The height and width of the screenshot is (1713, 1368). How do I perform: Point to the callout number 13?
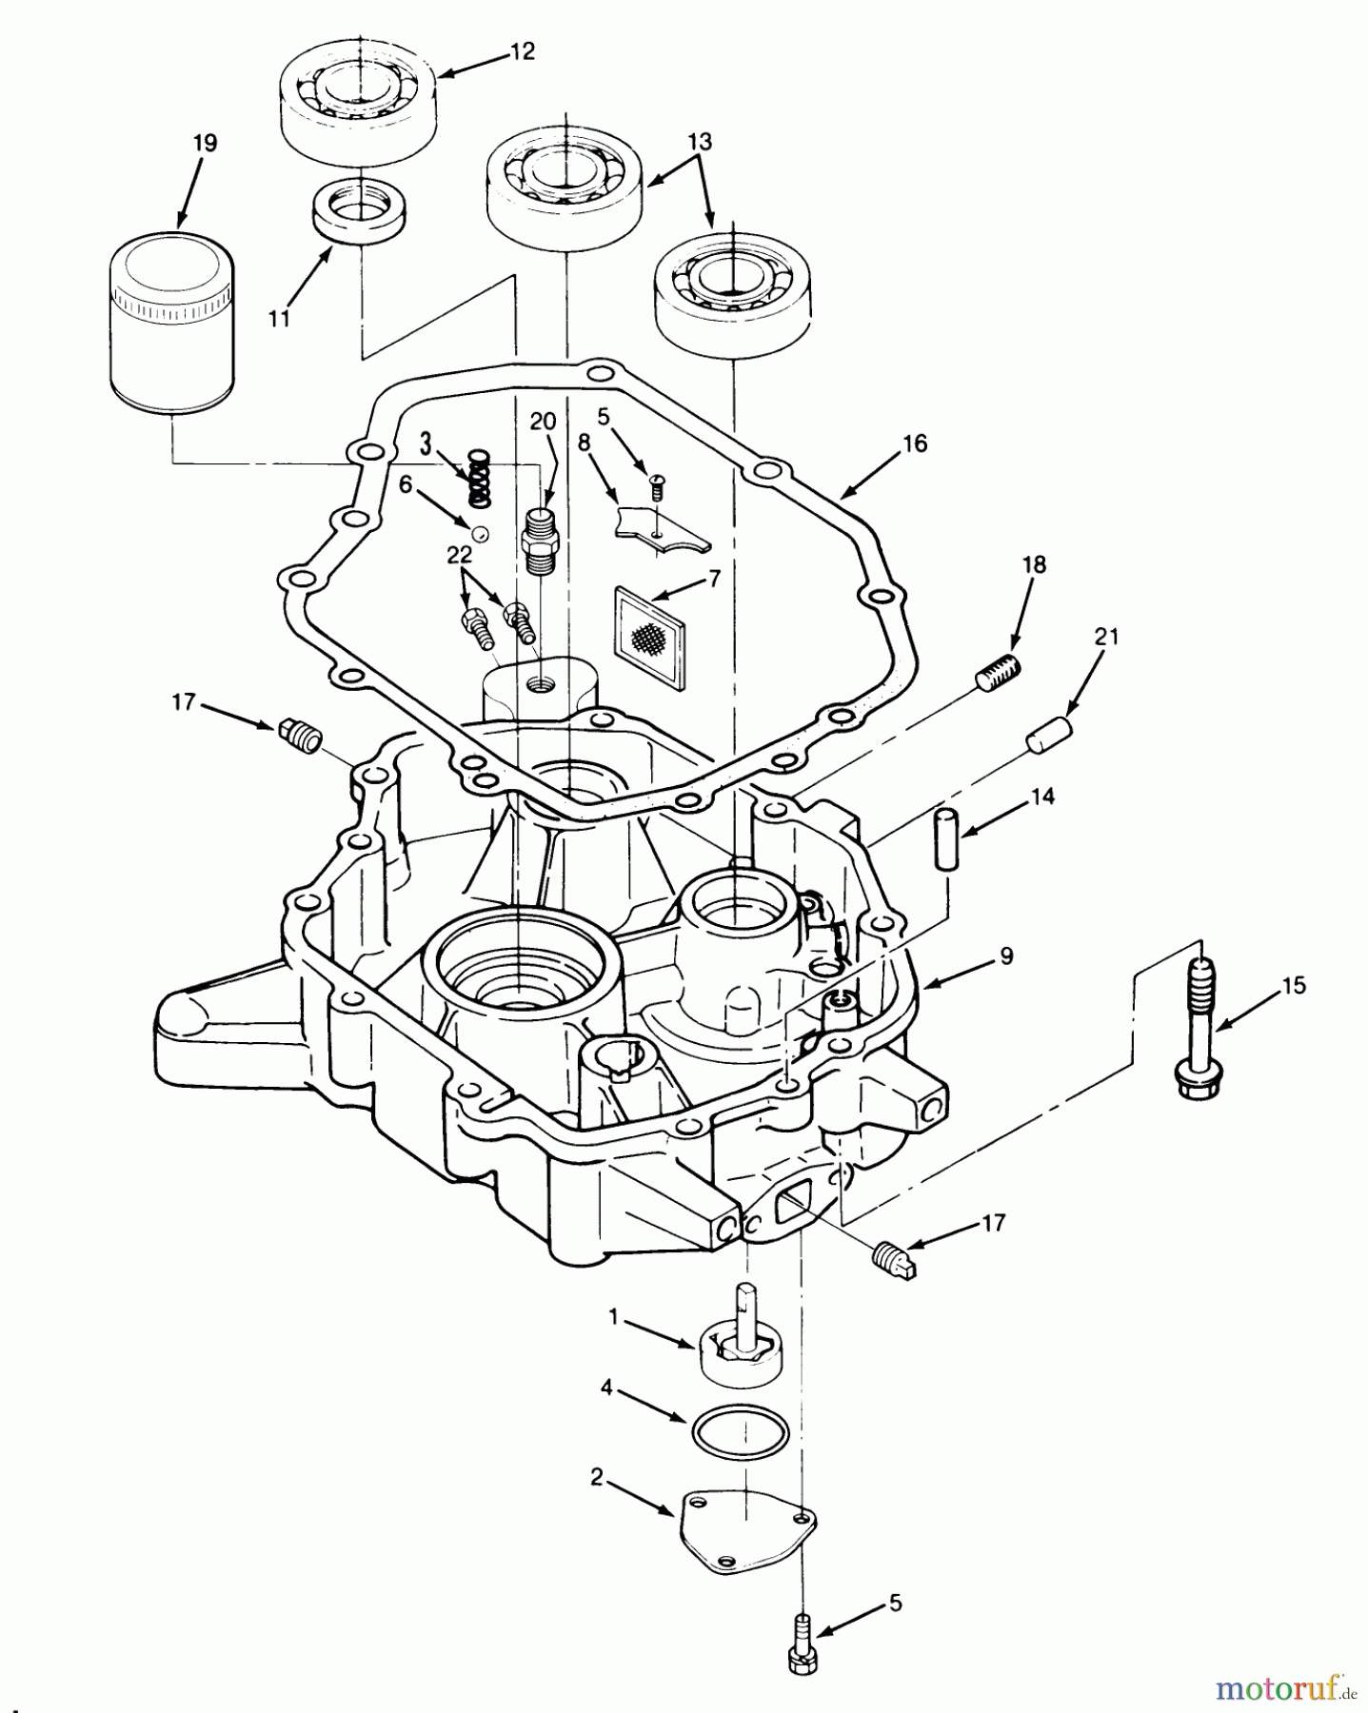tap(700, 142)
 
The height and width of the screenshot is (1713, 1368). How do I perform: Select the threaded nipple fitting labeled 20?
tap(541, 541)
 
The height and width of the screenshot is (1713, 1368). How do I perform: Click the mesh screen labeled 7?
tap(649, 636)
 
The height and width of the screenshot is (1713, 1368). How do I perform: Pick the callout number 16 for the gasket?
tap(914, 443)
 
